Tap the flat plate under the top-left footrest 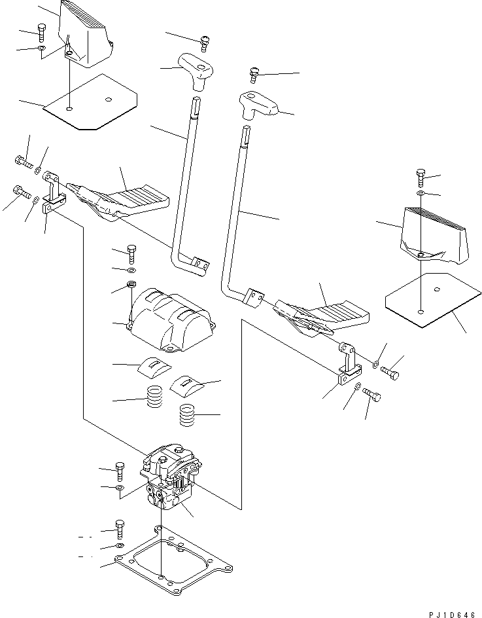[x=92, y=102]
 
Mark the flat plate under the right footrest [x=429, y=299]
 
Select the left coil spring [x=154, y=397]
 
